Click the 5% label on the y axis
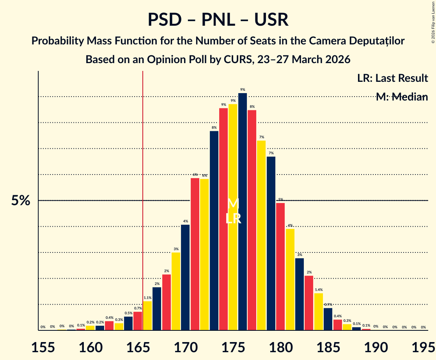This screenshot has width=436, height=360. (20, 201)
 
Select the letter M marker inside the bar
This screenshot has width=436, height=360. (233, 203)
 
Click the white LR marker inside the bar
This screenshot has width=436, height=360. (233, 219)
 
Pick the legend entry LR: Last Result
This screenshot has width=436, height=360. (392, 78)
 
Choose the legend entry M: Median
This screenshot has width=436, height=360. (402, 97)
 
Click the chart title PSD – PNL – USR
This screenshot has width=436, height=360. (218, 20)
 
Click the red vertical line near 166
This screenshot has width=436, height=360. (143, 195)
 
